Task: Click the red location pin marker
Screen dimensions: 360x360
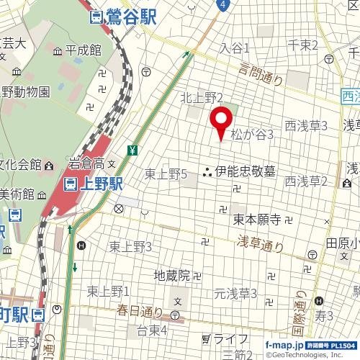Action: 220,123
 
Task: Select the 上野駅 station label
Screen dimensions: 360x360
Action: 100,184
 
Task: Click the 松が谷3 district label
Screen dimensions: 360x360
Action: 252,134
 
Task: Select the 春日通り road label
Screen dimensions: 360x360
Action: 140,311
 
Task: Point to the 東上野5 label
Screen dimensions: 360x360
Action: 166,174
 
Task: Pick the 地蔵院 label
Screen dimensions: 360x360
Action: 172,274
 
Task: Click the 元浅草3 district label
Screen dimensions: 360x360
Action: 235,293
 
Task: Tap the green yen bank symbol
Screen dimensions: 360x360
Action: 133,150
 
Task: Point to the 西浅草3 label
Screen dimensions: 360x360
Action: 306,125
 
